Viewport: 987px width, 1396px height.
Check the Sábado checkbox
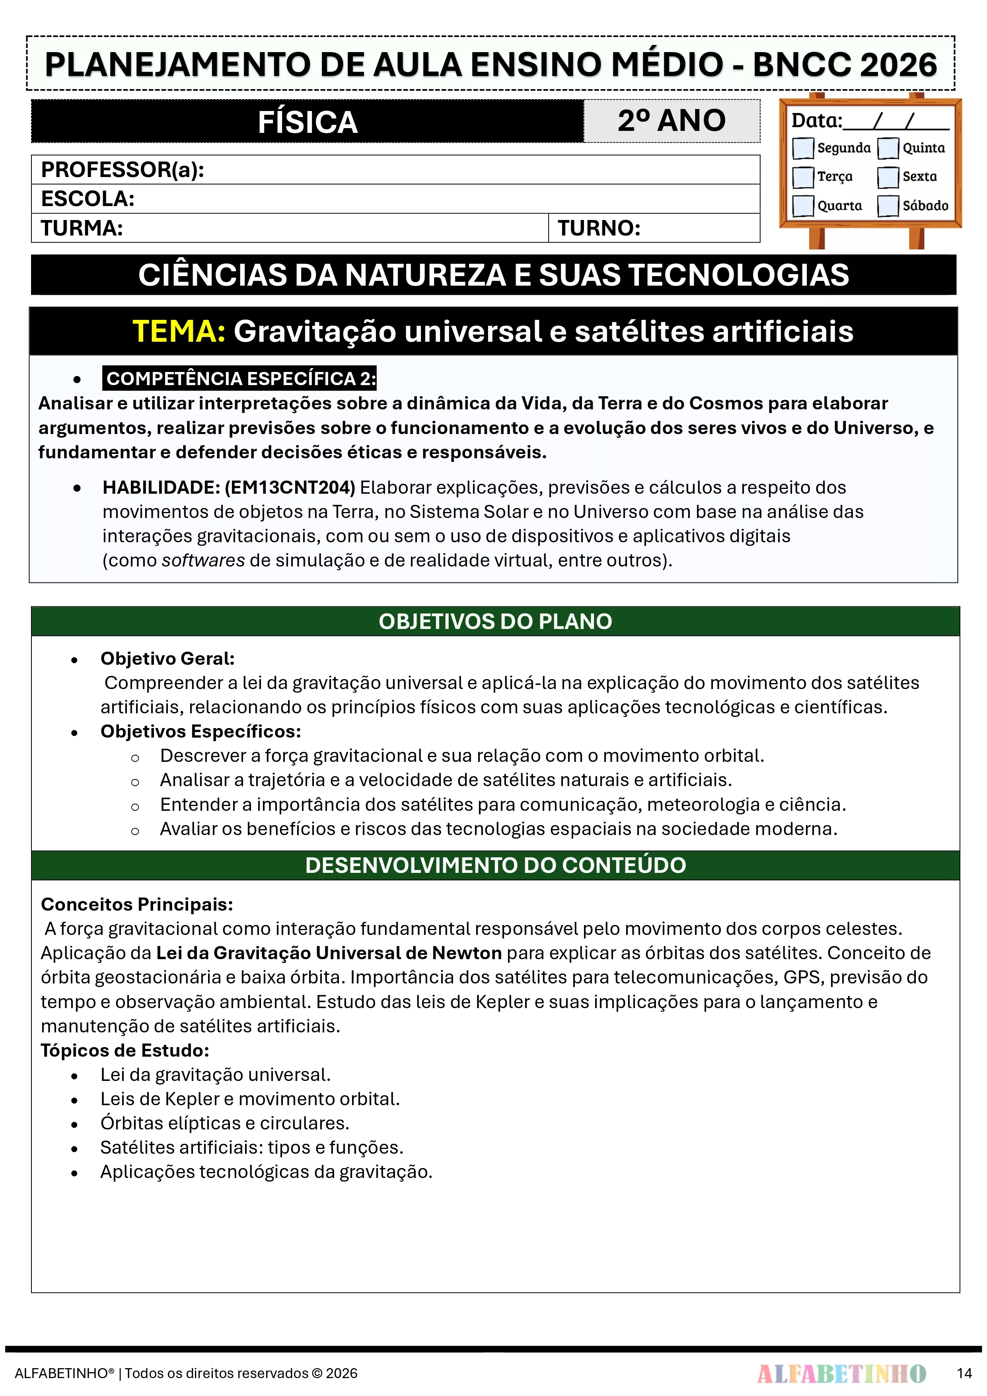pos(888,206)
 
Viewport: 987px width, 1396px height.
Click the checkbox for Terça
pos(803,177)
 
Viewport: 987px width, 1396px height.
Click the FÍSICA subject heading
pos(307,122)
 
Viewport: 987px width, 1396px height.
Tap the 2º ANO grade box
pos(672,121)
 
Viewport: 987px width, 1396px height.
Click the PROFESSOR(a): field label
pos(122,169)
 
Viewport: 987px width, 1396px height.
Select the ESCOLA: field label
pos(88,199)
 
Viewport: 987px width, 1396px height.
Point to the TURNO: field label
pos(599,228)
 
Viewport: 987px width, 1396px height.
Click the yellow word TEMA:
pos(179,332)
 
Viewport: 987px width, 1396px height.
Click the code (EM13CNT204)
pos(290,488)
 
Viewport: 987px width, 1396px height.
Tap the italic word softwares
pos(203,560)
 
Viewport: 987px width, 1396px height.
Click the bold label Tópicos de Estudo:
pos(125,1051)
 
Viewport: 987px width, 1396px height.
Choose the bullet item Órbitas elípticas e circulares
pos(224,1123)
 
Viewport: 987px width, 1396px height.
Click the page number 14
pos(964,1373)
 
